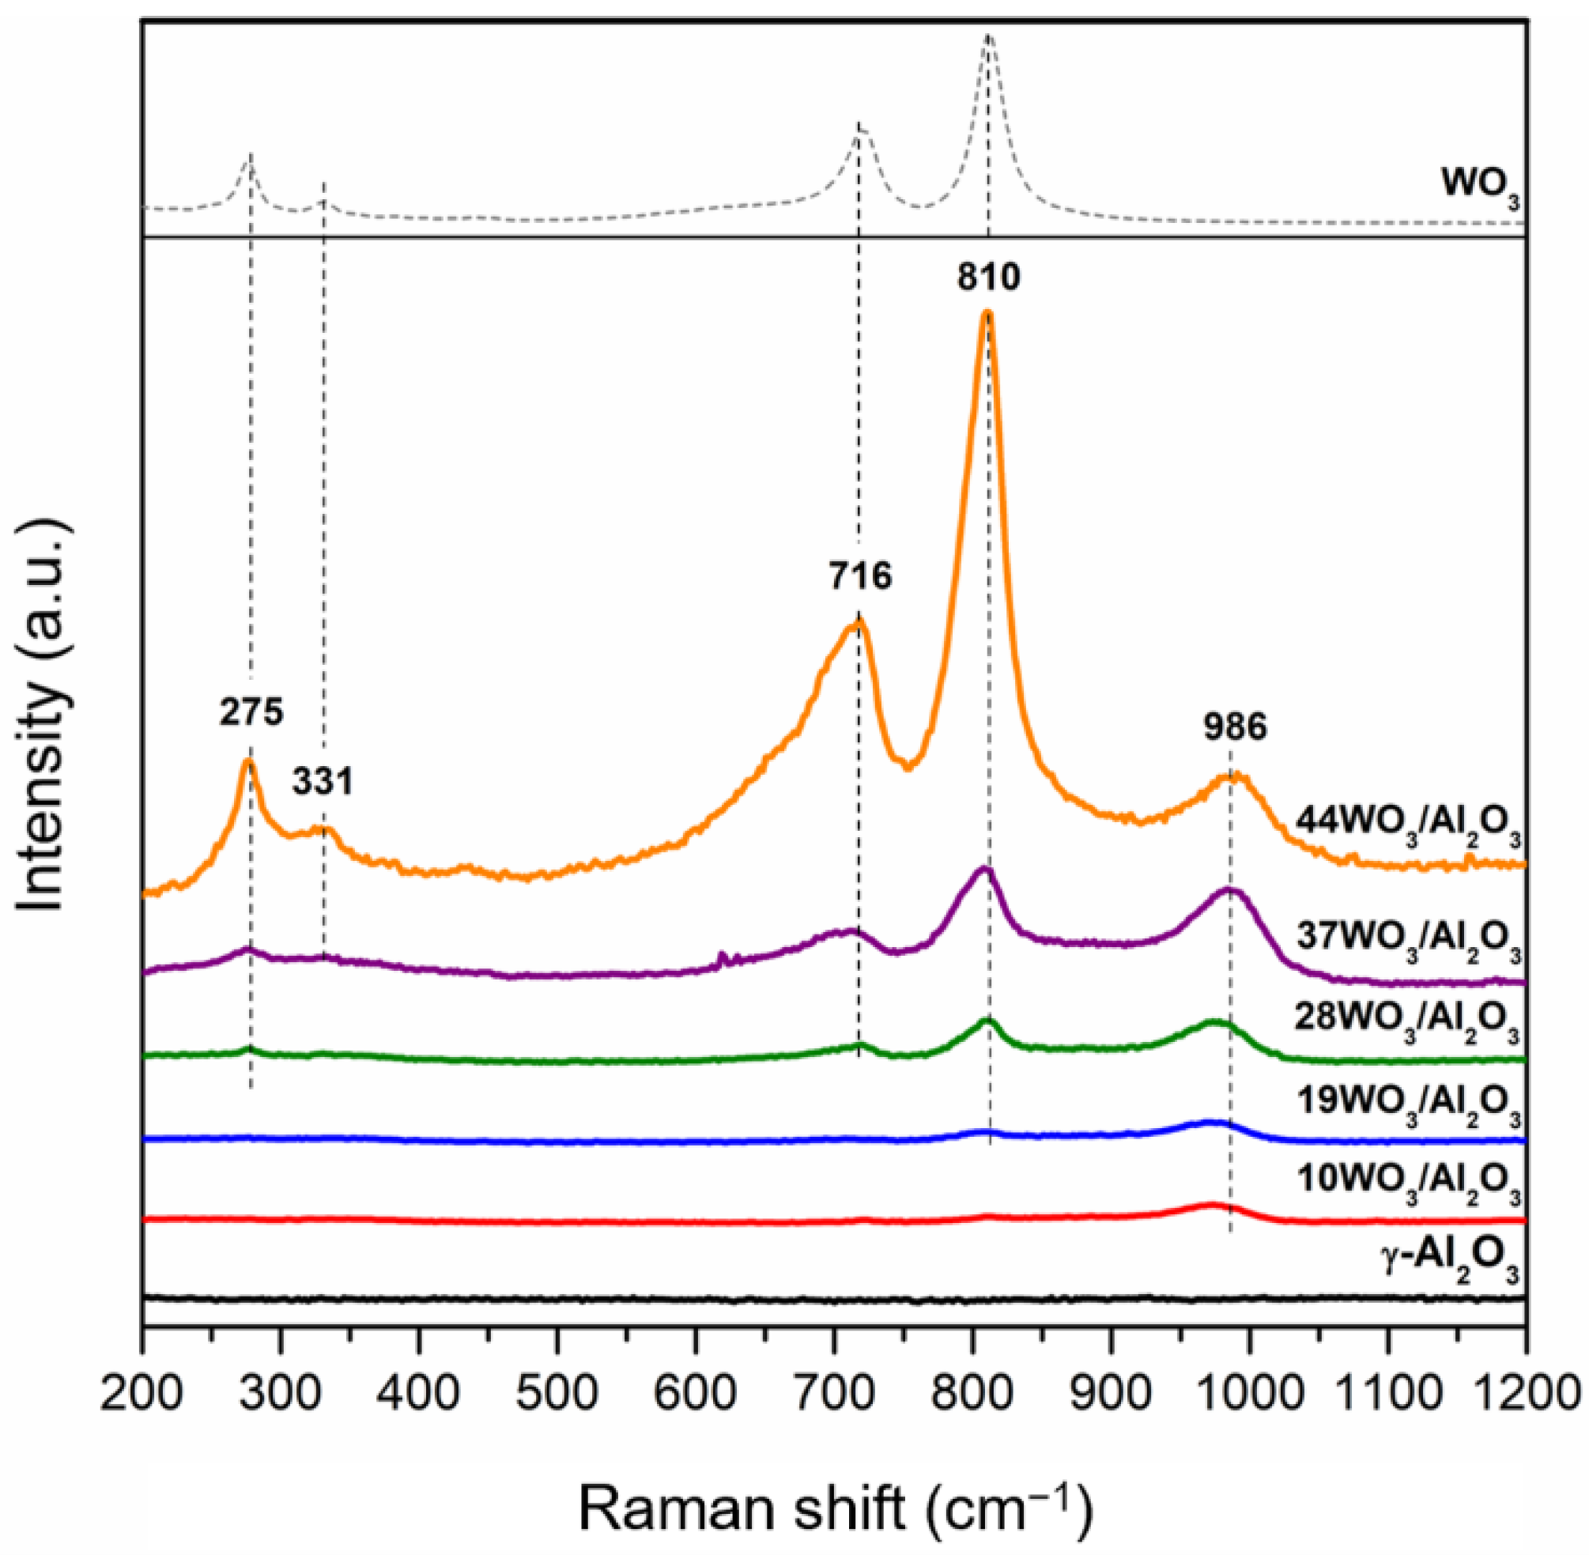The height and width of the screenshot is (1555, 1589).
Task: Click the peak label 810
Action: click(x=989, y=278)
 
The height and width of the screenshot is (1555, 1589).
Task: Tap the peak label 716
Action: click(x=861, y=576)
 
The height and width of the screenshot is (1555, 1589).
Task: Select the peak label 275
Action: click(x=251, y=712)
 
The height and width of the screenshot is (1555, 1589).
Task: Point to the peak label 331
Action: click(x=323, y=783)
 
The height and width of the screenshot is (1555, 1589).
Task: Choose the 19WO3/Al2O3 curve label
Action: click(x=1408, y=1104)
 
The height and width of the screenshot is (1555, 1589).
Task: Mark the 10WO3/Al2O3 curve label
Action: click(x=1408, y=1184)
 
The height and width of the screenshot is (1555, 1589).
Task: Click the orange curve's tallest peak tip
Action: click(x=988, y=313)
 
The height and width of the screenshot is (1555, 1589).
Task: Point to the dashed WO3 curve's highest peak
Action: click(x=988, y=36)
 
